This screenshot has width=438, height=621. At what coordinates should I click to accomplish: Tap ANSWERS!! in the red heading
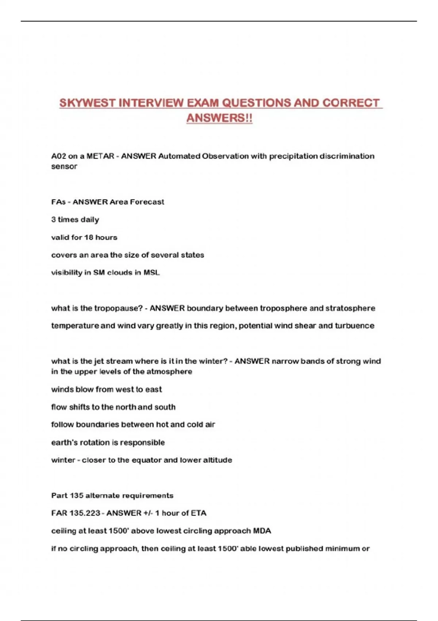tap(219, 118)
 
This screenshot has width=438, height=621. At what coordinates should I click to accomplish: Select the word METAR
tap(100, 156)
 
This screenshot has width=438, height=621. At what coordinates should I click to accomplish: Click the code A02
tap(58, 156)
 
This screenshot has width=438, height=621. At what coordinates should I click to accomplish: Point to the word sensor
tap(64, 167)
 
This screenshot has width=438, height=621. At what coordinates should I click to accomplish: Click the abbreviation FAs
tap(58, 202)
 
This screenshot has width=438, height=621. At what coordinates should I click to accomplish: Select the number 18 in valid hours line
tap(89, 237)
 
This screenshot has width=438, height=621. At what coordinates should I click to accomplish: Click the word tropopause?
tap(119, 308)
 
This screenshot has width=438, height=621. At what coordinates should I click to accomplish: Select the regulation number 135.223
tap(86, 513)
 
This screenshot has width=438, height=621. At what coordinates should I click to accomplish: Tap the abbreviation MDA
tap(262, 531)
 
